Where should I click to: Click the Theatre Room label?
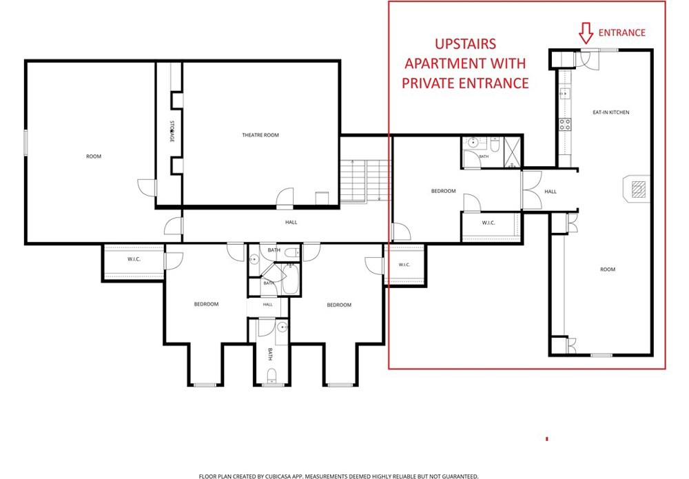click(x=260, y=135)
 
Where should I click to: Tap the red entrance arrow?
click(x=586, y=33)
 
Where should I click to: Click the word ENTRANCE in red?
click(x=621, y=33)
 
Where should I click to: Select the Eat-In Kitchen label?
click(x=610, y=112)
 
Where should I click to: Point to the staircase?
click(x=366, y=181)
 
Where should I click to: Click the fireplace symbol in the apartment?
click(x=637, y=189)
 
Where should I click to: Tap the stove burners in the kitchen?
click(x=565, y=124)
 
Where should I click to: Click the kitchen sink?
click(x=565, y=93)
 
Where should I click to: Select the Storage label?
click(x=172, y=132)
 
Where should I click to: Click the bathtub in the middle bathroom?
click(x=291, y=279)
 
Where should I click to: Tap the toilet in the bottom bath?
click(x=272, y=375)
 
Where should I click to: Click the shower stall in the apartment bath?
click(x=512, y=152)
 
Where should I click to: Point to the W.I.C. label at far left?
click(x=134, y=259)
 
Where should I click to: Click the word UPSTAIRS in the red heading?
click(x=465, y=44)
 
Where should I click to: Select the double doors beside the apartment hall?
click(x=532, y=190)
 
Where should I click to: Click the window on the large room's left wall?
click(x=26, y=143)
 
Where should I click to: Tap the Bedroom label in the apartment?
click(x=443, y=191)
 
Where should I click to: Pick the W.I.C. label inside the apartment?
click(x=489, y=223)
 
